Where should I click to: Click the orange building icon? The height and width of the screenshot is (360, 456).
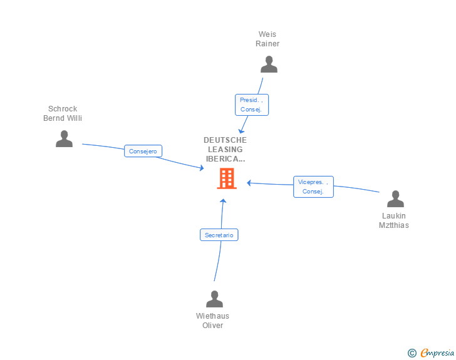(227, 178)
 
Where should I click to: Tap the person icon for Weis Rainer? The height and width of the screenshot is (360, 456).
(269, 64)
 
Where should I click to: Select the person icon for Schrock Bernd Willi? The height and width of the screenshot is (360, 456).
(65, 139)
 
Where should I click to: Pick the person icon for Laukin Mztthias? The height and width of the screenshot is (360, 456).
(395, 199)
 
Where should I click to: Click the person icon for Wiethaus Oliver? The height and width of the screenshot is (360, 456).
(215, 299)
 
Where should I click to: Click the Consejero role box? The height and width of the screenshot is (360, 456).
(143, 151)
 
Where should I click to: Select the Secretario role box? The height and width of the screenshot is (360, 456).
(219, 235)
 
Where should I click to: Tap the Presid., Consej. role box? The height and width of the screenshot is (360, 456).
(252, 105)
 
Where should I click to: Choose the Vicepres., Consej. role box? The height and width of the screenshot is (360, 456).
(313, 187)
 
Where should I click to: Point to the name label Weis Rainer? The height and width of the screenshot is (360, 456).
(267, 39)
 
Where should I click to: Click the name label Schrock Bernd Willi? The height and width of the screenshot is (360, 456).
(63, 113)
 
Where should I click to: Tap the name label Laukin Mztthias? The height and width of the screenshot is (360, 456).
(394, 220)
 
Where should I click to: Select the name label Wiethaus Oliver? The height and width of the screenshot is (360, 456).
(212, 321)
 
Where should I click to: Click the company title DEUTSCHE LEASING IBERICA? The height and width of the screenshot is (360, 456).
(225, 150)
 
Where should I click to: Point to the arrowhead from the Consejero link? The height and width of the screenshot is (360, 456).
(202, 168)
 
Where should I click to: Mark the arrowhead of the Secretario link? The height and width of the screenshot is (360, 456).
(223, 200)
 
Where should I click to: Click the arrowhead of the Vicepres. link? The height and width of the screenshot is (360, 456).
(249, 183)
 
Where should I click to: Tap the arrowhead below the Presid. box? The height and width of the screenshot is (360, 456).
(241, 131)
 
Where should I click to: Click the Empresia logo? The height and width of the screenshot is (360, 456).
(437, 352)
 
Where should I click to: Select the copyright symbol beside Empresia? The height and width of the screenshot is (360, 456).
(412, 353)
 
